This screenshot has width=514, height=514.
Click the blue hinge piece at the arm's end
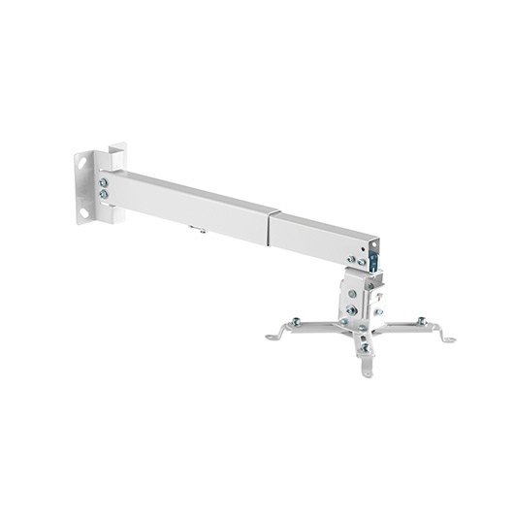coord(369,253)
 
